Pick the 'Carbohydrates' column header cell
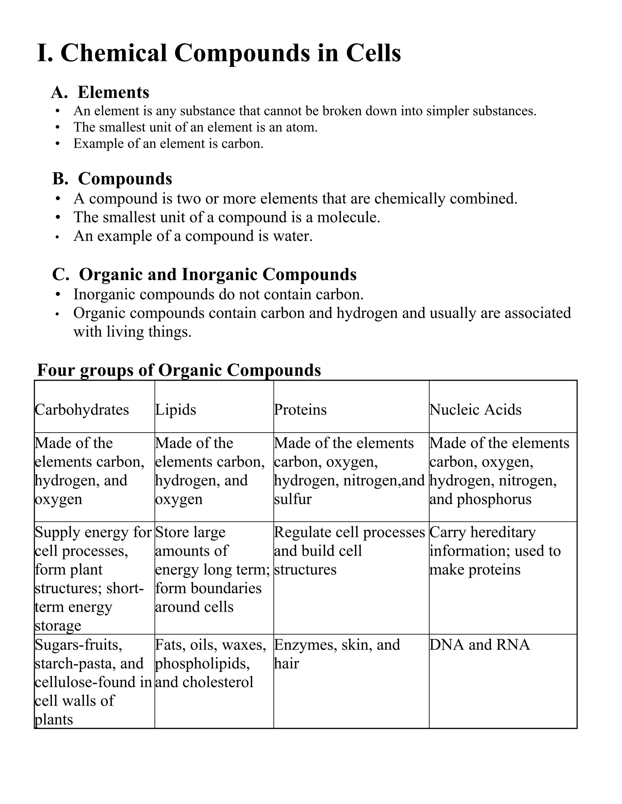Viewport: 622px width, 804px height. tap(82, 409)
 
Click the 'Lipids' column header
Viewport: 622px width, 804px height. tap(176, 409)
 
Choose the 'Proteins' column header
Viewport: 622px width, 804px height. tap(300, 409)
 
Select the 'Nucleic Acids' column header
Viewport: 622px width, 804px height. tap(475, 409)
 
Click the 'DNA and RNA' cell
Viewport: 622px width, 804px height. tap(480, 645)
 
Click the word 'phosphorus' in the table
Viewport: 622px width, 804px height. tap(494, 499)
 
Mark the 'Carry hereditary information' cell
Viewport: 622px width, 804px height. tap(494, 551)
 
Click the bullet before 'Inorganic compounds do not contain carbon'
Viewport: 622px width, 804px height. tap(57, 295)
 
